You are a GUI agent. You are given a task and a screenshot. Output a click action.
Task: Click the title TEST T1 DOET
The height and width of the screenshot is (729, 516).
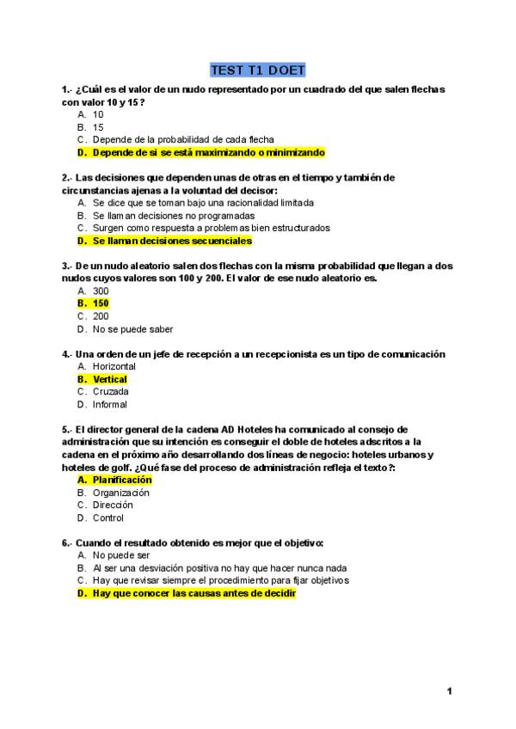[257, 70]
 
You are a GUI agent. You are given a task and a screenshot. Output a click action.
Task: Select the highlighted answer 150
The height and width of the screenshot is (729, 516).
[101, 303]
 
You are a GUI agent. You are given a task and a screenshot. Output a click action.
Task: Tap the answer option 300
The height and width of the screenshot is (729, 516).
[101, 291]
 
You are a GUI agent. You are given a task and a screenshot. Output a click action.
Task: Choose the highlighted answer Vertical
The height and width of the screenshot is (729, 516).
[109, 379]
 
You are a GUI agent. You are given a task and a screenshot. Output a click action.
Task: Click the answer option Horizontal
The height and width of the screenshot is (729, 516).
[114, 366]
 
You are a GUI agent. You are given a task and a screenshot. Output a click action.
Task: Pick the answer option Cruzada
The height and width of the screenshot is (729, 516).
[110, 392]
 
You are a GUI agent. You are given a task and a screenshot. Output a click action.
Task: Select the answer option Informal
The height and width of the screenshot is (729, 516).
[109, 404]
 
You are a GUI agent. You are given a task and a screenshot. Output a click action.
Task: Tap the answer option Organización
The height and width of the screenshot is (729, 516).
[120, 493]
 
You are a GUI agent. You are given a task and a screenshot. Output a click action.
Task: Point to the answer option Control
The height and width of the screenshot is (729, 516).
[107, 518]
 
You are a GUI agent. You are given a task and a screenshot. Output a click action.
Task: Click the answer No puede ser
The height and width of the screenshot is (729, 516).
[120, 555]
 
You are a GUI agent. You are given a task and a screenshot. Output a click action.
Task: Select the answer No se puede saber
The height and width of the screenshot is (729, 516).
[132, 328]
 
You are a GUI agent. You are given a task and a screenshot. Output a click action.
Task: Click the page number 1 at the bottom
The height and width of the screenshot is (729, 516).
[450, 692]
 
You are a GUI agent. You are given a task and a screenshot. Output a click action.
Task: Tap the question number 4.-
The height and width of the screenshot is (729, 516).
[67, 353]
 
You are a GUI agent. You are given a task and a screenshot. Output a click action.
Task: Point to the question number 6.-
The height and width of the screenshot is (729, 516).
[67, 542]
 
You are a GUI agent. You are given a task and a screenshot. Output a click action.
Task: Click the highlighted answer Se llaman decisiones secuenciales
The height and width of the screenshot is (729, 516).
[172, 241]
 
